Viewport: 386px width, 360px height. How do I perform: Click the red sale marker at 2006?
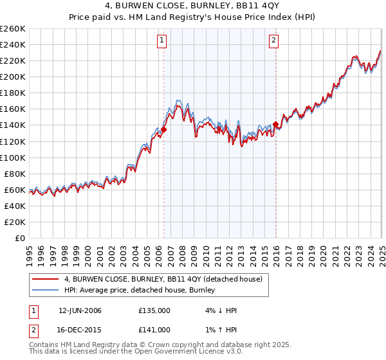(163, 129)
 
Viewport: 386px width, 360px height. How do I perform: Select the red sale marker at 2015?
(275, 124)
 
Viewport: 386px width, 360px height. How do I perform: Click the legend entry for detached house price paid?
(163, 279)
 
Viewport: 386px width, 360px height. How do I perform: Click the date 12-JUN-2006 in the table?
(80, 310)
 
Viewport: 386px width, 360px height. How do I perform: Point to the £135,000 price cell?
(154, 310)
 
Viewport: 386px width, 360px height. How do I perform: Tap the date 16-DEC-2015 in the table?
(80, 330)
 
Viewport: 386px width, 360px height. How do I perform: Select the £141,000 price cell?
(154, 330)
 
